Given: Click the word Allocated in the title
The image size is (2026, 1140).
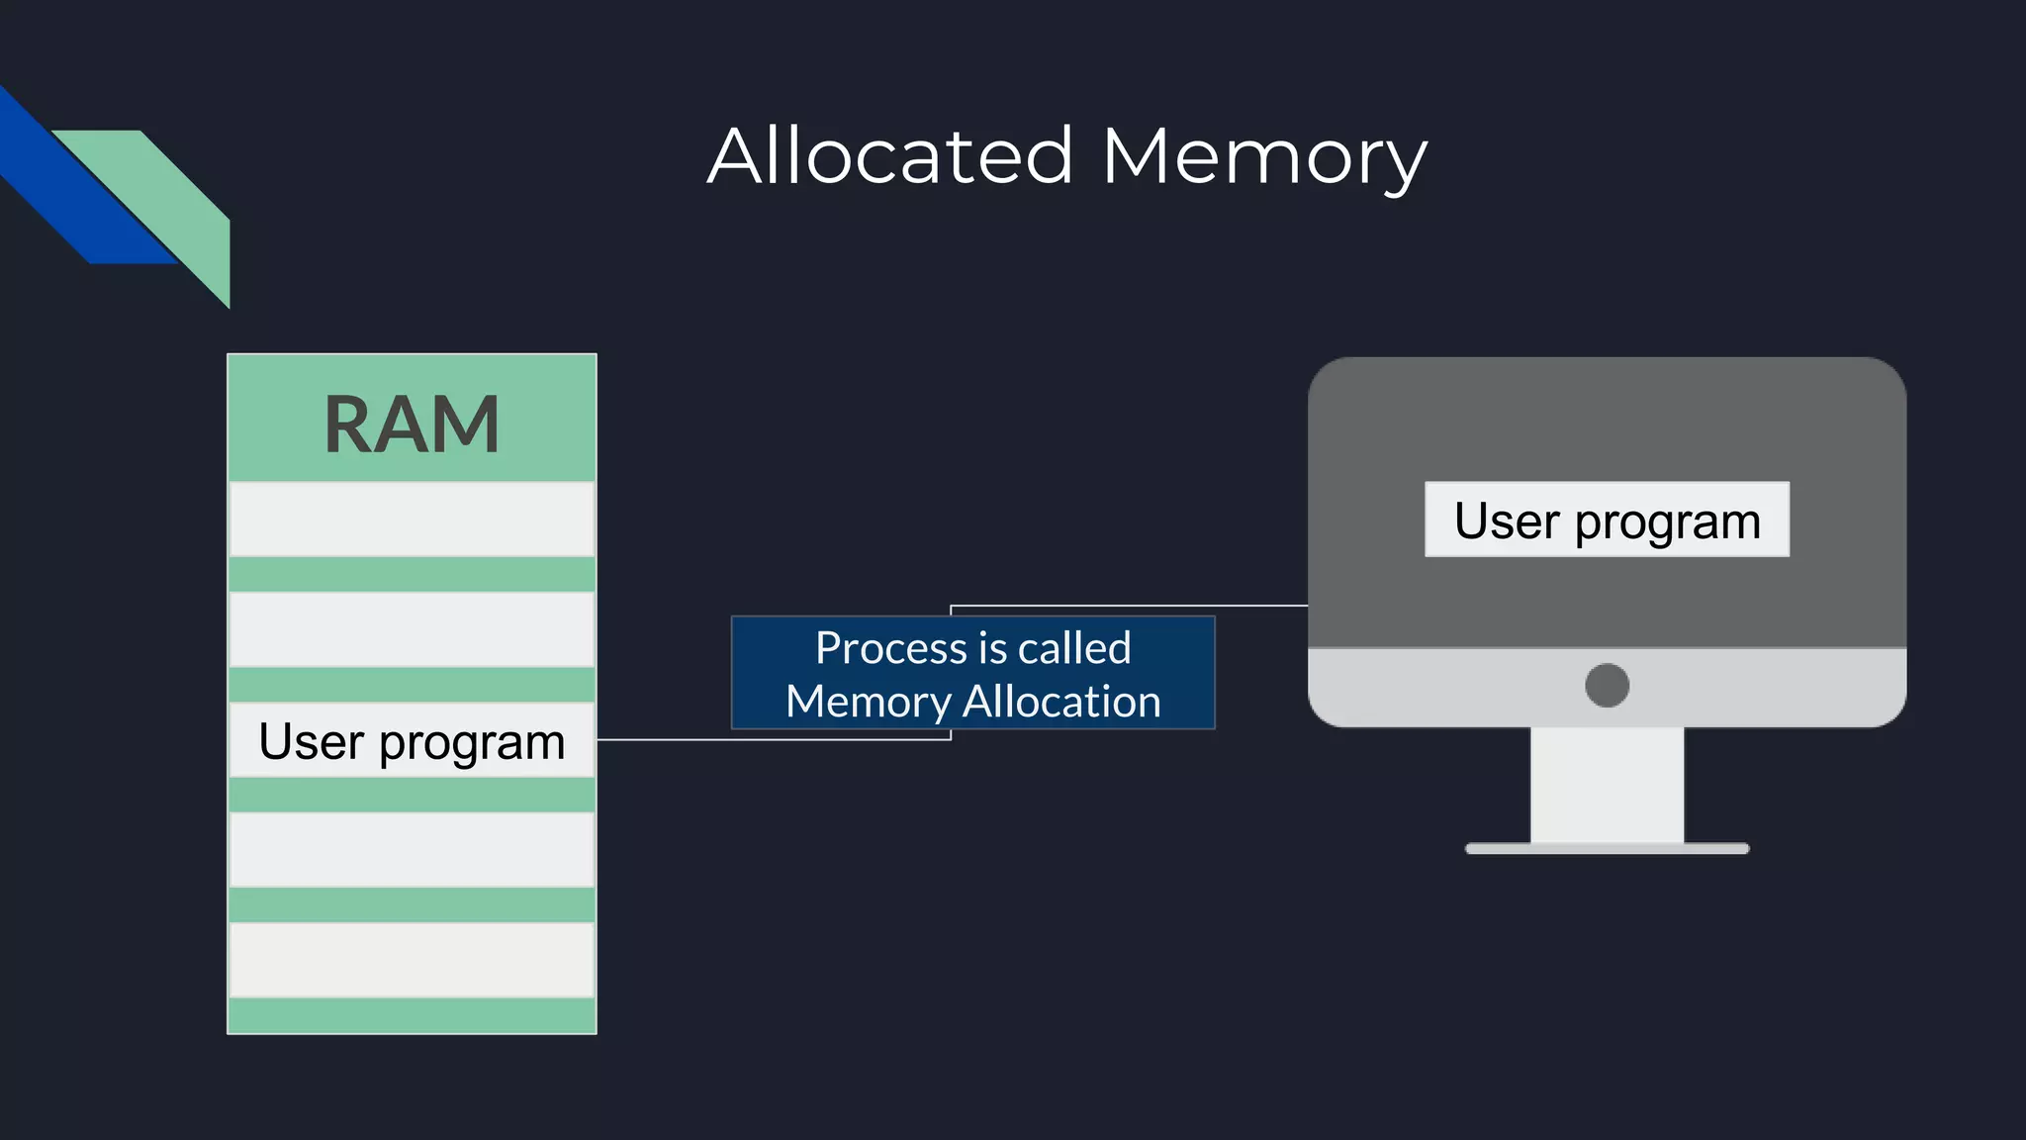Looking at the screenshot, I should point(890,156).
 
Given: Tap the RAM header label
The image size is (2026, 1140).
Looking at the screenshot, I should point(412,424).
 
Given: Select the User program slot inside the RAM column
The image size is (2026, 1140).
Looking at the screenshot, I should point(412,740).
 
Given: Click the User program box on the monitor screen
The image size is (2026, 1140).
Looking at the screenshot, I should point(1607,520).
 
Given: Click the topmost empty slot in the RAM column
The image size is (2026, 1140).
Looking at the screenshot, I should point(412,519).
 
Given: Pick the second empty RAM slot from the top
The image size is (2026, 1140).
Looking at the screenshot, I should point(412,629).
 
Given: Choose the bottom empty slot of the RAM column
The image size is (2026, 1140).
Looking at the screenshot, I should point(412,960).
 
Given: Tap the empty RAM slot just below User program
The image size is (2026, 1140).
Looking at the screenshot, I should point(412,849).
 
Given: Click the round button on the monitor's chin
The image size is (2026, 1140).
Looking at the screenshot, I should point(1607,685).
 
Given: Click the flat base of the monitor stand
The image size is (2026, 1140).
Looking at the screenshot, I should point(1607,848).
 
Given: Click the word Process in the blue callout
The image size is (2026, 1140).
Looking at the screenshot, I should point(890,649).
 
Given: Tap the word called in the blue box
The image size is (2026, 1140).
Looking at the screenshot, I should point(1074,649).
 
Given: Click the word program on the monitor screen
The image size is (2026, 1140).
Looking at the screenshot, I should point(1667,522).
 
